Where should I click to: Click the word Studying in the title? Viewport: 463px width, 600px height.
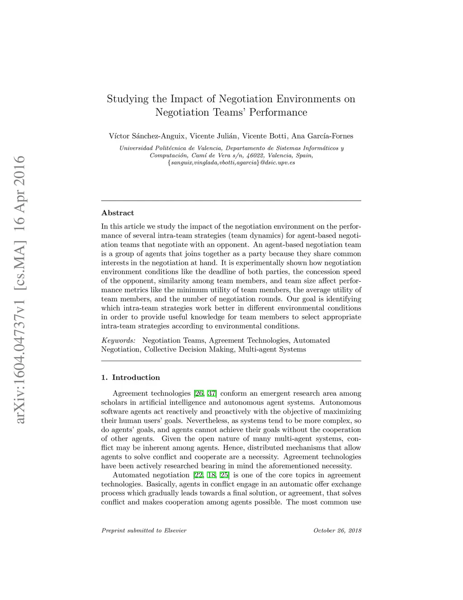point(122,99)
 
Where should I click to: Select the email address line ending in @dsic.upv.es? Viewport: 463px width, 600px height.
point(231,163)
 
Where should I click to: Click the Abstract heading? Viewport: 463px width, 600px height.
point(118,213)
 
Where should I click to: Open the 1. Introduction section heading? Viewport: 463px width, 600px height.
point(131,378)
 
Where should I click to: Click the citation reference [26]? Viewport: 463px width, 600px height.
point(198,394)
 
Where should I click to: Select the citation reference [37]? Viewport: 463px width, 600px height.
point(212,394)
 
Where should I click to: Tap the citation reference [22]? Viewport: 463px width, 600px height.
point(198,475)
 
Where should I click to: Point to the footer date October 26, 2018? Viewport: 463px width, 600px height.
point(337,530)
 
